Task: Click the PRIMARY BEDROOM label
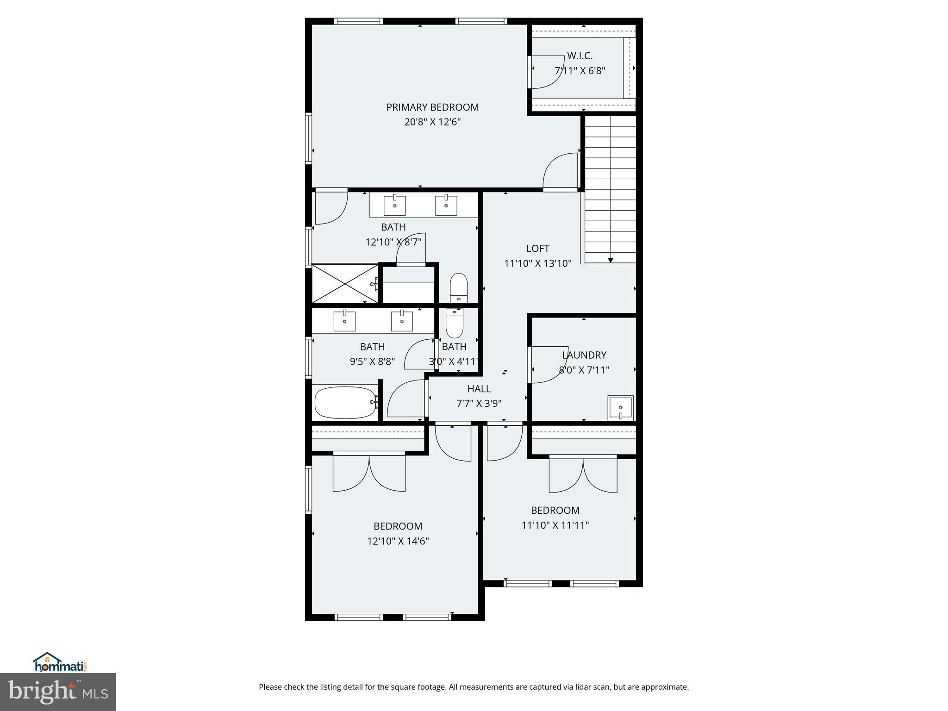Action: [x=432, y=107]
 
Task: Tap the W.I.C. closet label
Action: [x=580, y=56]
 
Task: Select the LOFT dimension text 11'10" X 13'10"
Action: [x=537, y=263]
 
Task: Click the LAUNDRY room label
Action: [x=584, y=355]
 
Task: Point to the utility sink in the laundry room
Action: [x=620, y=407]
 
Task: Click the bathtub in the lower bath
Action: [x=345, y=403]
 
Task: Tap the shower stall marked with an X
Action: [x=345, y=283]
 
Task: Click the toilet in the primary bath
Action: [x=459, y=287]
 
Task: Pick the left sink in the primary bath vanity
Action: [x=394, y=206]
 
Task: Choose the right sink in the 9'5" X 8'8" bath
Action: [x=402, y=321]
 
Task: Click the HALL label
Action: [x=479, y=389]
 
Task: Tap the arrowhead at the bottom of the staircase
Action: [x=610, y=261]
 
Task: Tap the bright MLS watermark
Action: [x=58, y=692]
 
